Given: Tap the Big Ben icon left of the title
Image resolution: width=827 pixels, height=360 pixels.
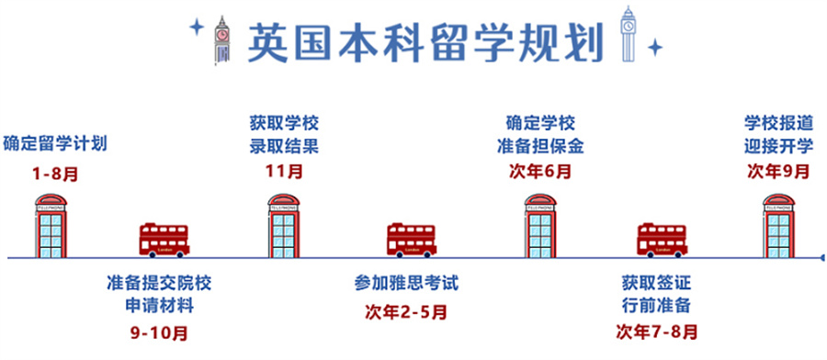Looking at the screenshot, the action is coord(221,39).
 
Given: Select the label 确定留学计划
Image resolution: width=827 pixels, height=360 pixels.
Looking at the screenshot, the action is coord(55,143).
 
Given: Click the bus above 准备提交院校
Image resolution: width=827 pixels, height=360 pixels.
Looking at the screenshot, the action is coord(164,240).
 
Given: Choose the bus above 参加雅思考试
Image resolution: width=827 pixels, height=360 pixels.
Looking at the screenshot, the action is coord(411,240).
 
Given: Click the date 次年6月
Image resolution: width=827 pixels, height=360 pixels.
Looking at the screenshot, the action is coord(539,171).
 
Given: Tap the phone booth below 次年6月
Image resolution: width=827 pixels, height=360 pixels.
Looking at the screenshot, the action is coord(540,226).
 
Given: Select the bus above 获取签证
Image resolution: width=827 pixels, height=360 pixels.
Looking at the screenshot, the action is coord(663,240).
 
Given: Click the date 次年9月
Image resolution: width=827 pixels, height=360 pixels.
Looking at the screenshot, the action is coord(778,171).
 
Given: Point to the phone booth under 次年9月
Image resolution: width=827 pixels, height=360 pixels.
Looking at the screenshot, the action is coord(778,226).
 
